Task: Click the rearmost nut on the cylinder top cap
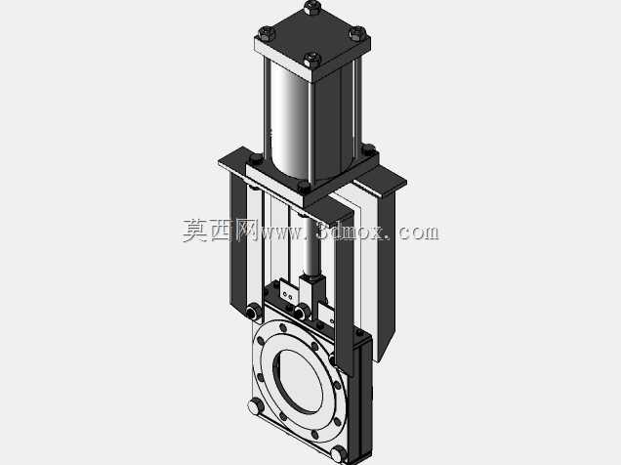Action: [312, 6]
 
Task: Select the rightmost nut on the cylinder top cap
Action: [357, 33]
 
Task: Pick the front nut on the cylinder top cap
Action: [312, 60]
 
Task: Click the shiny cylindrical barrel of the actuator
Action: [289, 119]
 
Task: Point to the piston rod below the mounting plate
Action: [310, 246]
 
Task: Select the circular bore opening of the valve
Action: [298, 381]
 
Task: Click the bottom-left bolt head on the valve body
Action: [256, 406]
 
